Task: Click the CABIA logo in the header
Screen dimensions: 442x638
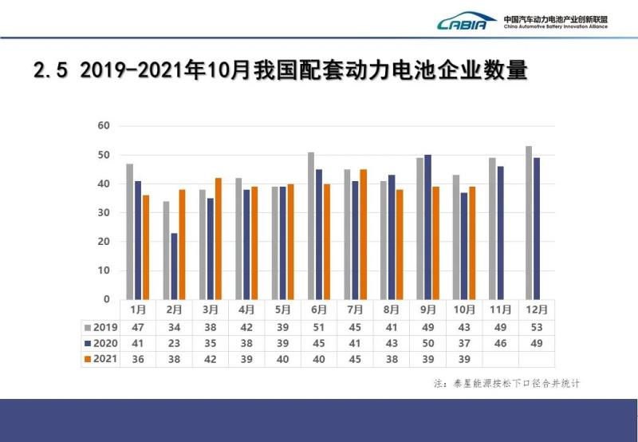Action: point(467,22)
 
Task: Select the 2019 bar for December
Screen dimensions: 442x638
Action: point(529,223)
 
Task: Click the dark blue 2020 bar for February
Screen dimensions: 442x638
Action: point(174,266)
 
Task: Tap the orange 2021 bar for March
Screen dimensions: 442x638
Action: point(219,239)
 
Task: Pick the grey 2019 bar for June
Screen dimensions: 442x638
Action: point(311,226)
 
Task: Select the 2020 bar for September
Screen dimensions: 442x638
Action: point(427,227)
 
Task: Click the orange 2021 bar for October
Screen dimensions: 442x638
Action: point(473,243)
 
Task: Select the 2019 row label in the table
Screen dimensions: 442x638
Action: point(101,327)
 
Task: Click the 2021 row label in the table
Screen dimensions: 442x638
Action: point(101,359)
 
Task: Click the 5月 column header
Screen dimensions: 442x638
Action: point(283,310)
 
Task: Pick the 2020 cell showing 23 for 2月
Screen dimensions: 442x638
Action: point(174,343)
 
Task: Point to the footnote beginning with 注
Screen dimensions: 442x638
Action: point(506,384)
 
